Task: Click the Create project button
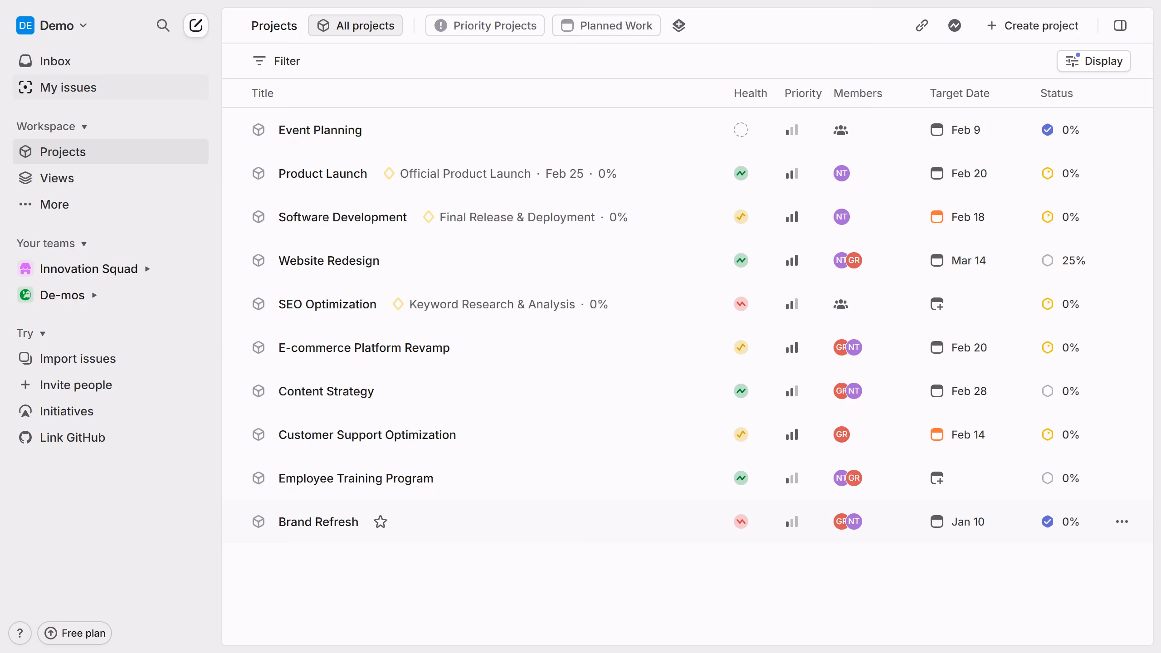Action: coord(1032,25)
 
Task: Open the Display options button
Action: coord(1093,61)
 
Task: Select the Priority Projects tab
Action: coord(485,25)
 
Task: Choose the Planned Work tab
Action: coord(606,25)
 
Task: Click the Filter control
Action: coord(276,61)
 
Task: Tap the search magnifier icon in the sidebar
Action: coord(163,25)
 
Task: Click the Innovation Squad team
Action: coord(88,268)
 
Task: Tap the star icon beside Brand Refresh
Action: coord(380,521)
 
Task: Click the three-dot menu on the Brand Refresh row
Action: coord(1122,521)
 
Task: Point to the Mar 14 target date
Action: coord(968,260)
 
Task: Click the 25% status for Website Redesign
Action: coord(1073,260)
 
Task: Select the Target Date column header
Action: coord(960,93)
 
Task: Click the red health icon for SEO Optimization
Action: coord(741,304)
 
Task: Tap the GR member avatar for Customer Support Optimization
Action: coord(842,434)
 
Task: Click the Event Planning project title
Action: coord(320,130)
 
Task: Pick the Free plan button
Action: coord(75,633)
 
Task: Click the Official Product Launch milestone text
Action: coord(465,173)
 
